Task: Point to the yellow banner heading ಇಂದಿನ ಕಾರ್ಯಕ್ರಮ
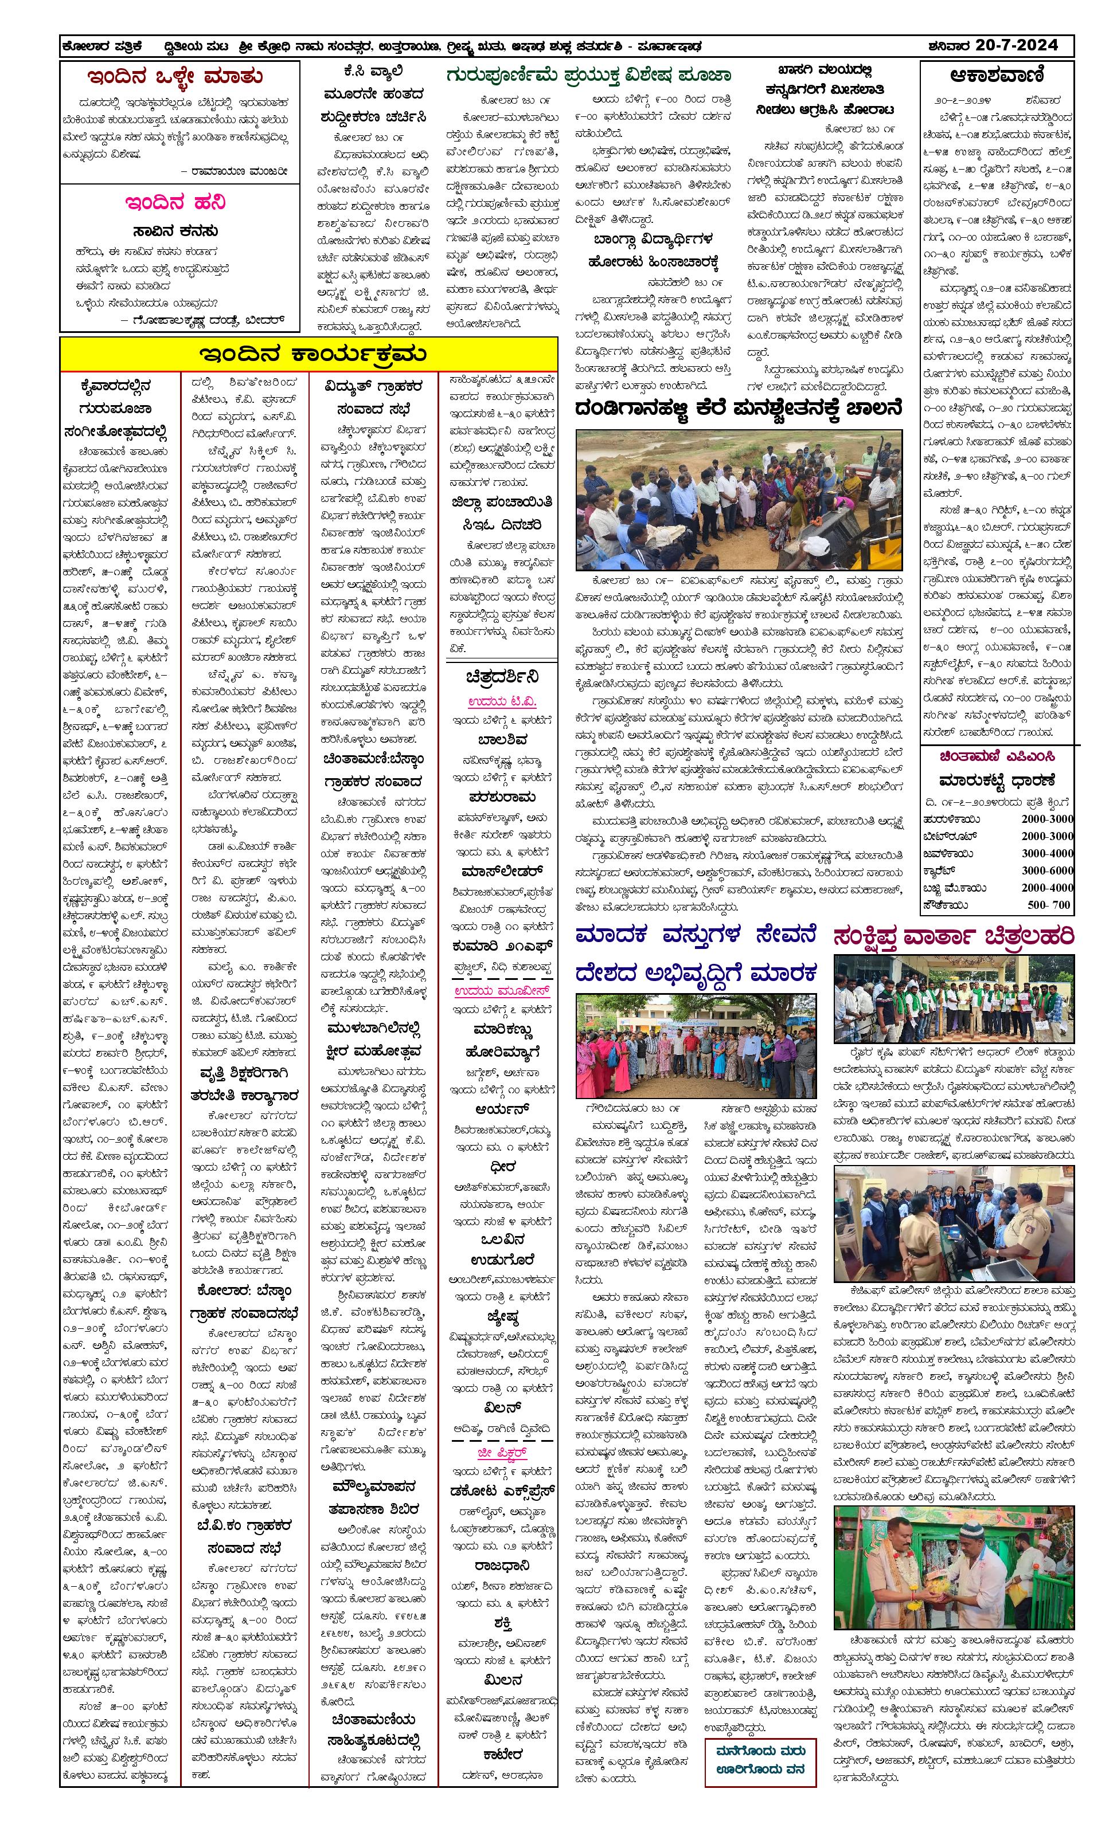click(308, 354)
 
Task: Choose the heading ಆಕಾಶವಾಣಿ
click(997, 76)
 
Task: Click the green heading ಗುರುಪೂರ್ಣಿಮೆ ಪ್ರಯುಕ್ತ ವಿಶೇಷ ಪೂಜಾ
click(588, 76)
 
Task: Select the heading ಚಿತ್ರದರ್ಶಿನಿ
click(502, 677)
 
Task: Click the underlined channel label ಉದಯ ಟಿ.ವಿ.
click(502, 701)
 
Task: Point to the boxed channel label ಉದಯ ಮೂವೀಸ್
click(502, 991)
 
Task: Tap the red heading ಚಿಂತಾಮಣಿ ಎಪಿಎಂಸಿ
click(997, 757)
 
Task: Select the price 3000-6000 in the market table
click(1046, 870)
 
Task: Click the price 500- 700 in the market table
click(1049, 904)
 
